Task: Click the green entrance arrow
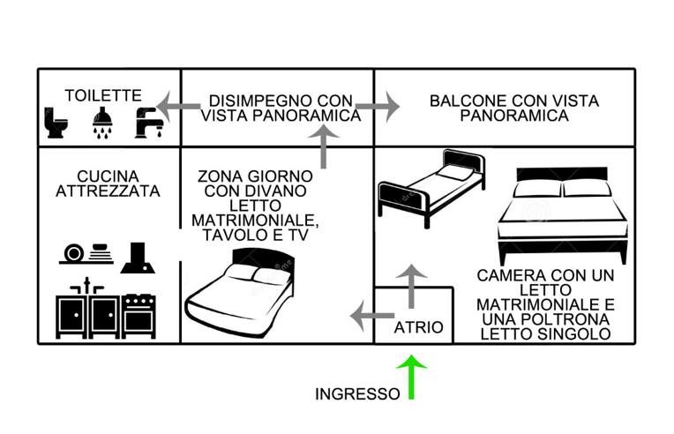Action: [x=411, y=377]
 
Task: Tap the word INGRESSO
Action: [x=356, y=394]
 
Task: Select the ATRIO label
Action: [x=419, y=327]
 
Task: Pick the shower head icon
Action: [x=101, y=123]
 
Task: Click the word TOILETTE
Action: [x=103, y=95]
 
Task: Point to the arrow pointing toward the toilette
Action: [x=176, y=106]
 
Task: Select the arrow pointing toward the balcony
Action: [x=379, y=107]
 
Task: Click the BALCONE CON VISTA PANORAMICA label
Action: [x=514, y=108]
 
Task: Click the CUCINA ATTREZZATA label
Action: [x=107, y=183]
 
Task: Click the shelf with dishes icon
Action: [x=87, y=253]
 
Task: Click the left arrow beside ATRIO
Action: [x=370, y=314]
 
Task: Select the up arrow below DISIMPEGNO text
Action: [x=325, y=146]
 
